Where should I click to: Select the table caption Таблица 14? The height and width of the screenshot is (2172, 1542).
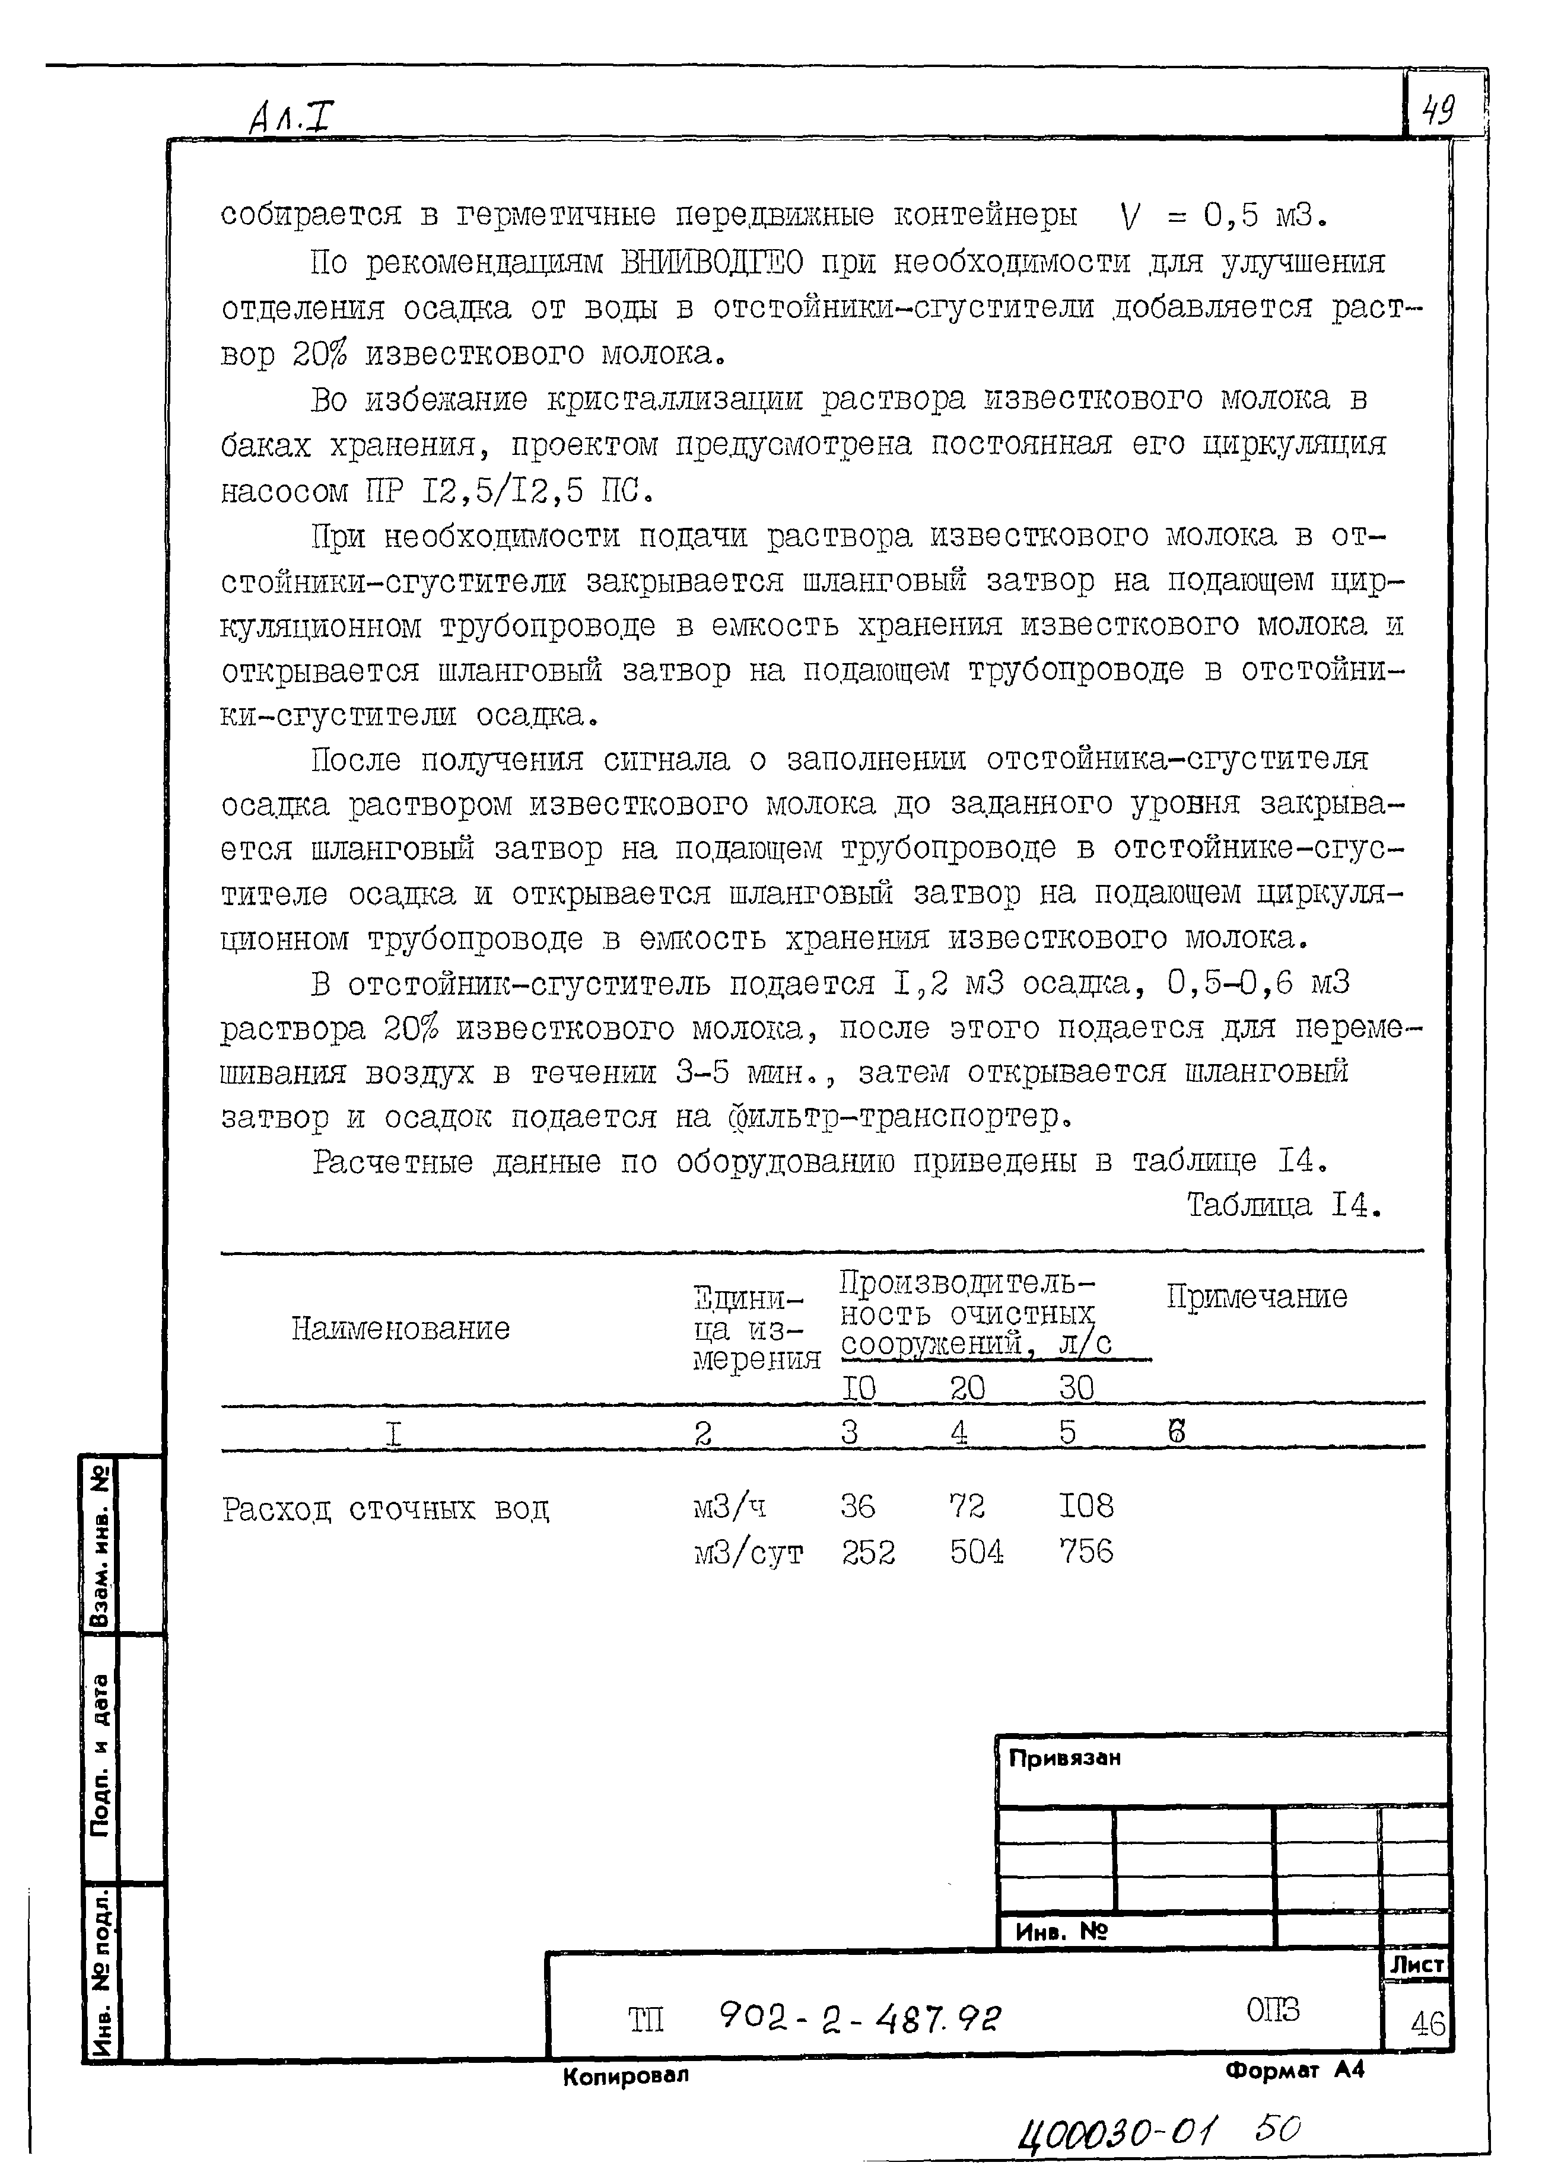point(1282,1206)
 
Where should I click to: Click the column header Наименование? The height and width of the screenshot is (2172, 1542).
point(400,1328)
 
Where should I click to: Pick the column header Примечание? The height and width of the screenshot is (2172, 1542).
point(1256,1297)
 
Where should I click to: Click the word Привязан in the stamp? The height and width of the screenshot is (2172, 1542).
point(1064,1758)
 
